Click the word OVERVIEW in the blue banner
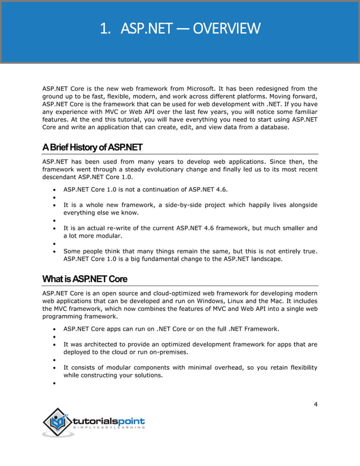(227, 28)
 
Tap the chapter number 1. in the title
(104, 28)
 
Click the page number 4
(315, 404)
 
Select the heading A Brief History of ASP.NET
(93, 148)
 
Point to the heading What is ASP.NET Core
(85, 279)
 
